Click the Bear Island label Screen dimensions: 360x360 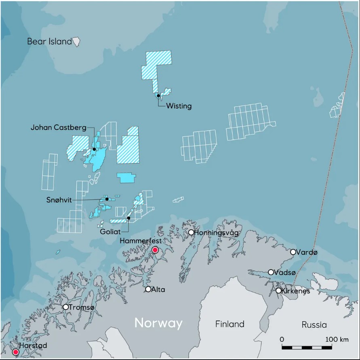pyautogui.click(x=49, y=41)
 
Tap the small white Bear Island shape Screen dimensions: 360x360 pyautogui.click(x=76, y=41)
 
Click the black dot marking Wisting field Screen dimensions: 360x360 pyautogui.click(x=158, y=96)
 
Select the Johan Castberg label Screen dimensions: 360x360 pyautogui.click(x=58, y=128)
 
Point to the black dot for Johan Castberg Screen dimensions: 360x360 pyautogui.click(x=94, y=149)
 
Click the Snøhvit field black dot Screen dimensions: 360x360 pyautogui.click(x=107, y=199)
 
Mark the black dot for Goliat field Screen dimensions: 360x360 pyautogui.click(x=128, y=218)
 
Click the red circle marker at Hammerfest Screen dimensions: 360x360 pyautogui.click(x=155, y=250)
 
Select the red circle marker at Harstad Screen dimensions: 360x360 pyautogui.click(x=16, y=352)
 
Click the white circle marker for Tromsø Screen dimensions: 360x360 pyautogui.click(x=65, y=307)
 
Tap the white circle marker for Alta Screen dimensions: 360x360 pyautogui.click(x=148, y=289)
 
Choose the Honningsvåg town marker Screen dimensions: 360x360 pyautogui.click(x=191, y=232)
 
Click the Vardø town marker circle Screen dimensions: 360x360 pyautogui.click(x=293, y=252)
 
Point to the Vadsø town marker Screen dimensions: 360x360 pyautogui.click(x=271, y=272)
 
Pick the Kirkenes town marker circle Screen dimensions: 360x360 pyautogui.click(x=278, y=291)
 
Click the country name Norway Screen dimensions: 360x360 pyautogui.click(x=158, y=323)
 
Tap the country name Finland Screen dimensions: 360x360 pyautogui.click(x=229, y=324)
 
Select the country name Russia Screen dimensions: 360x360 pyautogui.click(x=314, y=325)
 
